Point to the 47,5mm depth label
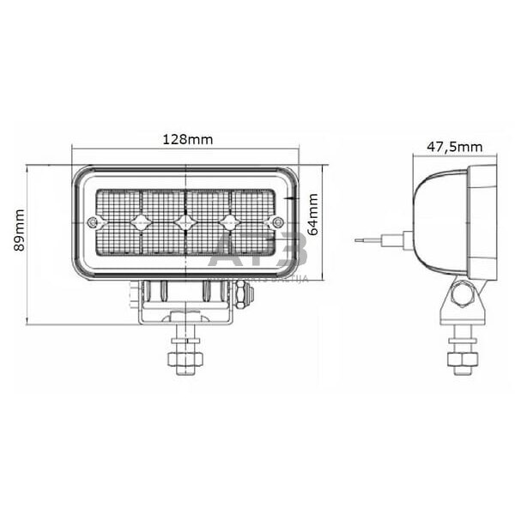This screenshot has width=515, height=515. coord(454,147)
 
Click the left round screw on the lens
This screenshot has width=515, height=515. coord(93,222)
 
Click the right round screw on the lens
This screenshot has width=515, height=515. coord(277,222)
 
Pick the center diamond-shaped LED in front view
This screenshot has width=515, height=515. coord(183,222)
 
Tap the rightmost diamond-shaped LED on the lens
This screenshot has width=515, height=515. coord(228,222)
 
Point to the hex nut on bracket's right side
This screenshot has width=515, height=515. coord(245,294)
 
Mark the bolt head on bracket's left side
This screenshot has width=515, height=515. coord(133,294)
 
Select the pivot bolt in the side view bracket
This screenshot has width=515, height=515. coord(463,295)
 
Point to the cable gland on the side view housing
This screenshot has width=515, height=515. coord(404,240)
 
